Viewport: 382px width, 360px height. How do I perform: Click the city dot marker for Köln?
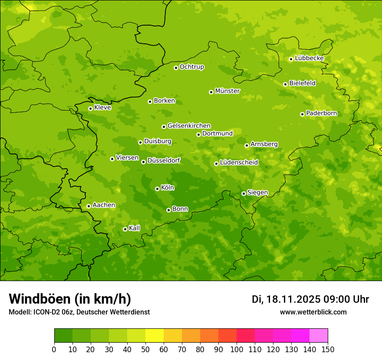pyautogui.click(x=157, y=189)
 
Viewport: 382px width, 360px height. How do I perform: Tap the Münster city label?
pyautogui.click(x=227, y=91)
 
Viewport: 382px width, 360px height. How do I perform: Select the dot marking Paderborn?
pyautogui.click(x=302, y=114)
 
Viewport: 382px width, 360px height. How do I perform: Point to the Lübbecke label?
pyautogui.click(x=309, y=58)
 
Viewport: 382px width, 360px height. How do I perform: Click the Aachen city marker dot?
pyautogui.click(x=89, y=206)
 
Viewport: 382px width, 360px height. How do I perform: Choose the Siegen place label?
pyautogui.click(x=257, y=193)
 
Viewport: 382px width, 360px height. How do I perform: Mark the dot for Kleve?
pyautogui.click(x=90, y=108)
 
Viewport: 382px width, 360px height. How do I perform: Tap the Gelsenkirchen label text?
pyautogui.click(x=189, y=126)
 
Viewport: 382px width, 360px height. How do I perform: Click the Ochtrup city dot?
pyautogui.click(x=176, y=67)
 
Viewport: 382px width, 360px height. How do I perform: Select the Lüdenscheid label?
pyautogui.click(x=239, y=163)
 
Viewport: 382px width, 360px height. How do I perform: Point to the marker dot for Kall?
pyautogui.click(x=125, y=229)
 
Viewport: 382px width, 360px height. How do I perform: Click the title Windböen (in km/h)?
pyautogui.click(x=69, y=299)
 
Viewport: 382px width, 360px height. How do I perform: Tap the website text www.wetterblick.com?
pyautogui.click(x=313, y=312)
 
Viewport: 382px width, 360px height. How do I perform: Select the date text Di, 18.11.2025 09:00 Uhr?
pyautogui.click(x=310, y=299)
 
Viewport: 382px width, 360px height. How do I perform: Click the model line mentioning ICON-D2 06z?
pyautogui.click(x=79, y=312)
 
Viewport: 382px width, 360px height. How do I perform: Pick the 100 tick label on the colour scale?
pyautogui.click(x=237, y=349)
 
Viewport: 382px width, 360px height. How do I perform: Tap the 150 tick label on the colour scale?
pyautogui.click(x=328, y=349)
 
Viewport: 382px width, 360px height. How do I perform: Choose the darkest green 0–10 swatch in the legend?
pyautogui.click(x=63, y=336)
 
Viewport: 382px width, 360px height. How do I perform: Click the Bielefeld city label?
pyautogui.click(x=302, y=83)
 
